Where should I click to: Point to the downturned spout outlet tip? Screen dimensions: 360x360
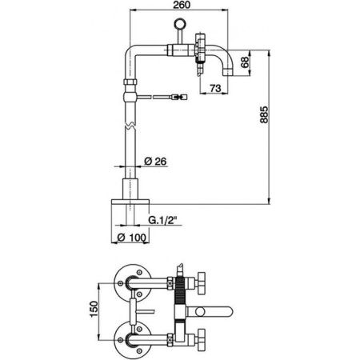[232, 74]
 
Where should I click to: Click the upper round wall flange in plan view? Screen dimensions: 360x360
[128, 281]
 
